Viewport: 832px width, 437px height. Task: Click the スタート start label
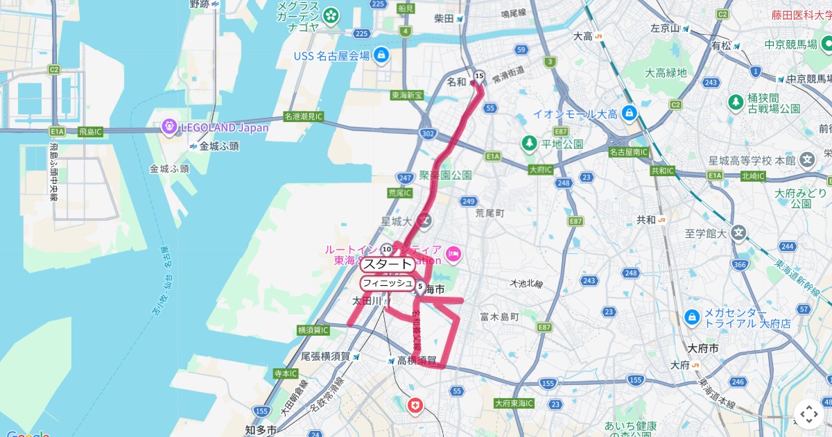387,264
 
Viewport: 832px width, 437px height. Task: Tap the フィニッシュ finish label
387,283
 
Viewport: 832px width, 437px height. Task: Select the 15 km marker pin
478,76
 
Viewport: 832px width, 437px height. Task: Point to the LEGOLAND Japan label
224,128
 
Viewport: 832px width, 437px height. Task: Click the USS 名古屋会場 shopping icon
381,55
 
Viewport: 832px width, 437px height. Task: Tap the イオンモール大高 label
575,114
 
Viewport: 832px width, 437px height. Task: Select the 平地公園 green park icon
530,143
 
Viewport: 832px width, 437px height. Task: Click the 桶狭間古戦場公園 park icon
736,103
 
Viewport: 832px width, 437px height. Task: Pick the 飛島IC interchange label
89,131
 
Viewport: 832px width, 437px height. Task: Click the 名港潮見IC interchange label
304,117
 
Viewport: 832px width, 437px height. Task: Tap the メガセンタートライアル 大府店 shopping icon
691,317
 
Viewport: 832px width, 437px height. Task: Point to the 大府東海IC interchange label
514,403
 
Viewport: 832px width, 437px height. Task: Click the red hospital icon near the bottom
415,405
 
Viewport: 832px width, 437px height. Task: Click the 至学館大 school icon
739,234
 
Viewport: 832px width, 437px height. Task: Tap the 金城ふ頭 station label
218,146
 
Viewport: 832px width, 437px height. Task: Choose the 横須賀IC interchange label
313,330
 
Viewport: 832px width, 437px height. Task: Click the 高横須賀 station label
417,360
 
